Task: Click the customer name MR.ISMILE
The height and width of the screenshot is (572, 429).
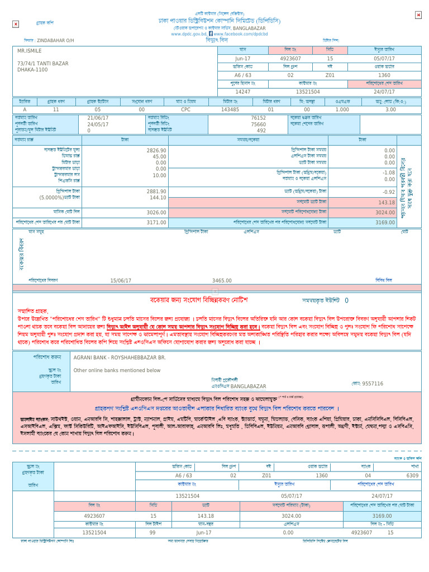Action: point(30,51)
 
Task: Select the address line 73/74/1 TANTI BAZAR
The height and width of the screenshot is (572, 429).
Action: point(43,64)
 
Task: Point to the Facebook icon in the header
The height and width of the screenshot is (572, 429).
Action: point(211,34)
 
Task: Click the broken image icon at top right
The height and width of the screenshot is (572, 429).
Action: point(418,15)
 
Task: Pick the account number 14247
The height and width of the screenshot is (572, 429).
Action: point(243,92)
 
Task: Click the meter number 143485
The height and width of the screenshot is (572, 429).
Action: point(230,109)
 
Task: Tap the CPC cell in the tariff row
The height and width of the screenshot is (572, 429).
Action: point(186,109)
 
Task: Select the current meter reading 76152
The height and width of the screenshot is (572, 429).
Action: point(258,118)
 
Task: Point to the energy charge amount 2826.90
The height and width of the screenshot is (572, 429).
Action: point(156,151)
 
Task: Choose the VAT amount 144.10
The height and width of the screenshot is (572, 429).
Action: point(158,198)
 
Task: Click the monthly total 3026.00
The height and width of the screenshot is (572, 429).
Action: point(156,212)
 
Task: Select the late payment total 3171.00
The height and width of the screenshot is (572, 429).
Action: point(156,222)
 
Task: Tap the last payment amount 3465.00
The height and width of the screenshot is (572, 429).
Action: point(222,280)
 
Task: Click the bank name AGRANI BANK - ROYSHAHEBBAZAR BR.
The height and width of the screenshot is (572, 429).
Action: point(120,356)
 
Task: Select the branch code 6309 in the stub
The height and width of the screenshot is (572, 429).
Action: point(412,475)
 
